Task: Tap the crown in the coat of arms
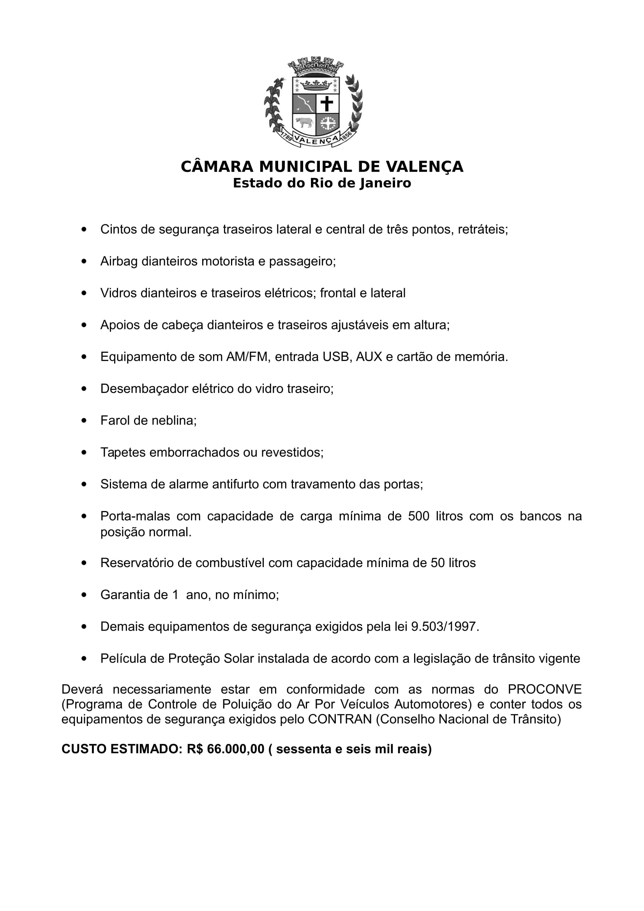316,85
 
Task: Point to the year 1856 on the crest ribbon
346,136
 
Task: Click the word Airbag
119,261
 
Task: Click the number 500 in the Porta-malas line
419,516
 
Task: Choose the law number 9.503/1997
445,627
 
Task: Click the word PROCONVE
544,689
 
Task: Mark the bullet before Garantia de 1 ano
84,595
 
